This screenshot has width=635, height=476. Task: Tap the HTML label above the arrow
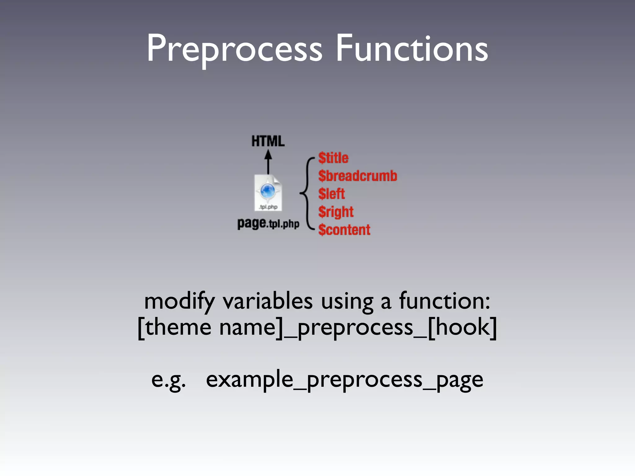click(x=268, y=141)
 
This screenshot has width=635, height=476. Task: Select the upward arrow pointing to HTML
click(x=268, y=162)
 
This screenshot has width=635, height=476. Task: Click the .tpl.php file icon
click(x=268, y=193)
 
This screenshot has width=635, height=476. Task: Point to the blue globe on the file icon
click(x=268, y=190)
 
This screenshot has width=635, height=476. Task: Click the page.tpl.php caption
click(x=268, y=223)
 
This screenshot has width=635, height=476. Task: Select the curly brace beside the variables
click(x=307, y=194)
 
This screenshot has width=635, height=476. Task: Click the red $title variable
click(x=333, y=158)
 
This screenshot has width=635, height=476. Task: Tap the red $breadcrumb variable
click(x=357, y=176)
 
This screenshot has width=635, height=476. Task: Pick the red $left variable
click(x=331, y=194)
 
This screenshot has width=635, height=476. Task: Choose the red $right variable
click(x=336, y=212)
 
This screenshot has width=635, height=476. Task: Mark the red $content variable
click(x=344, y=230)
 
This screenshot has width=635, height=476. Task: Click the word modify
click(x=179, y=302)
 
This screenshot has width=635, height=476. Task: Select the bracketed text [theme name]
click(x=211, y=328)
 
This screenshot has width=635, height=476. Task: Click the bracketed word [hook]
click(x=462, y=328)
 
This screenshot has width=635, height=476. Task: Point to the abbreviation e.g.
click(x=168, y=380)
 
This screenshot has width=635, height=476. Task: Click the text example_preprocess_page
click(x=344, y=380)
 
